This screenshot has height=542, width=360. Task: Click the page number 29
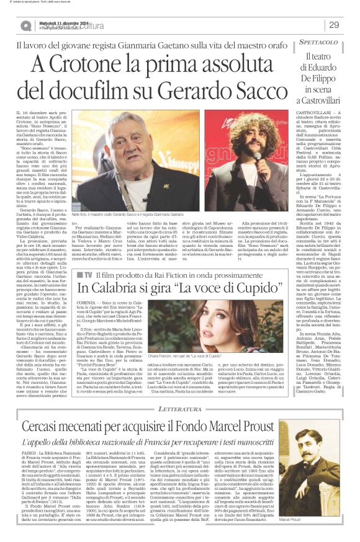[334, 25]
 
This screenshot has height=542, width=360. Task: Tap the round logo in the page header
[25, 25]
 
